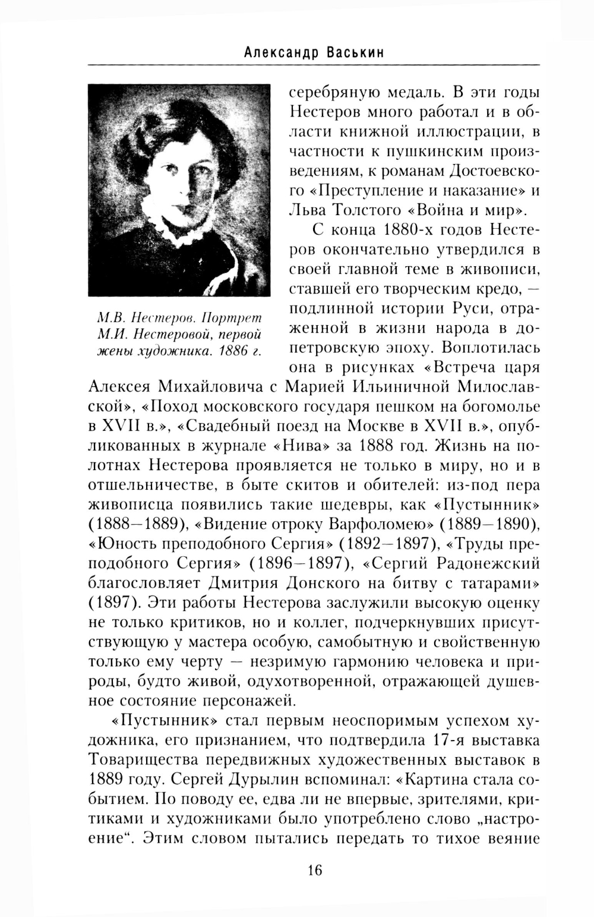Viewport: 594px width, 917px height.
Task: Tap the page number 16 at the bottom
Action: tap(314, 871)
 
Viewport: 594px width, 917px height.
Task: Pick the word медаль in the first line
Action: tap(412, 94)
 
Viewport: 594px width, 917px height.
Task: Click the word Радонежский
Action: tap(489, 562)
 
